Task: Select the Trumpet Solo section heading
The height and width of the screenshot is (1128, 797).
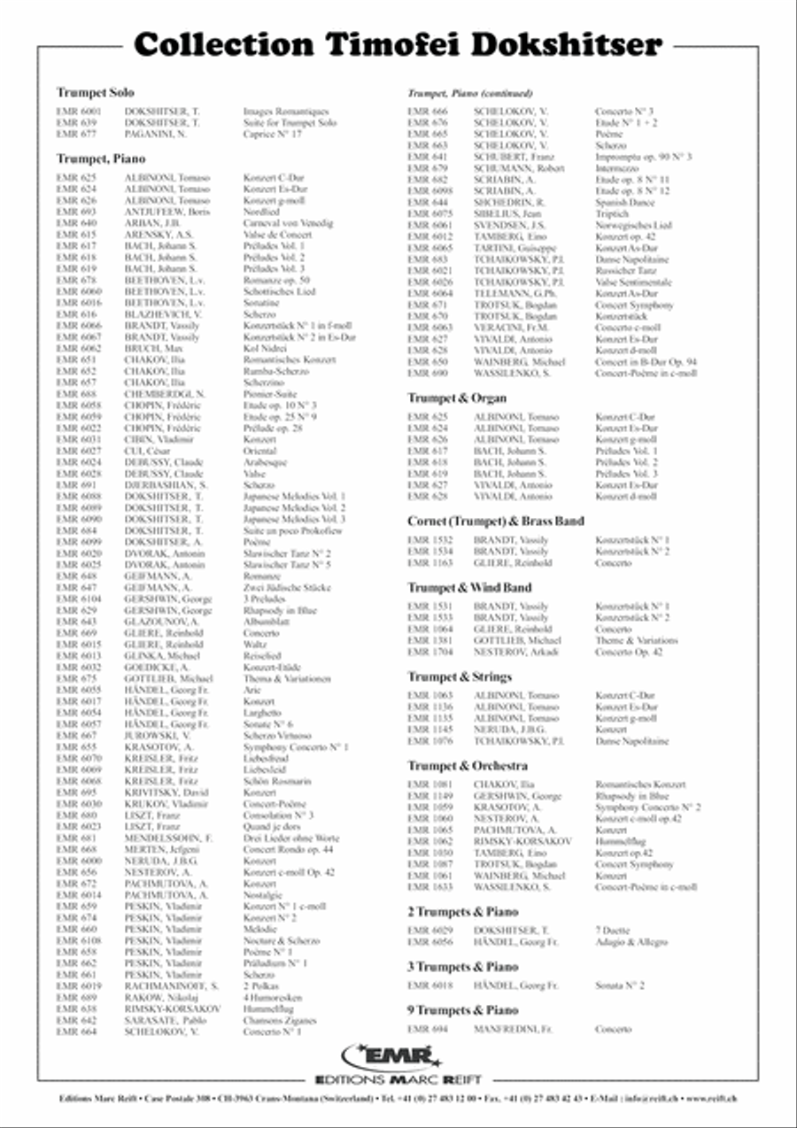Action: click(x=95, y=92)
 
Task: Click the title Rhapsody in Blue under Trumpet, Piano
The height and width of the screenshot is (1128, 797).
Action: click(x=274, y=610)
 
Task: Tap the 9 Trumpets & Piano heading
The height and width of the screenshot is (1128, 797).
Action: click(x=462, y=1009)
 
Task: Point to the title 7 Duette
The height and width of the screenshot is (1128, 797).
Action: click(x=611, y=931)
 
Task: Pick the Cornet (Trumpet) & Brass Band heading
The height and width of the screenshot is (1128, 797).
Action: click(x=495, y=522)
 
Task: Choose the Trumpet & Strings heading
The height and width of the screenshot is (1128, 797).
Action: click(x=460, y=676)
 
